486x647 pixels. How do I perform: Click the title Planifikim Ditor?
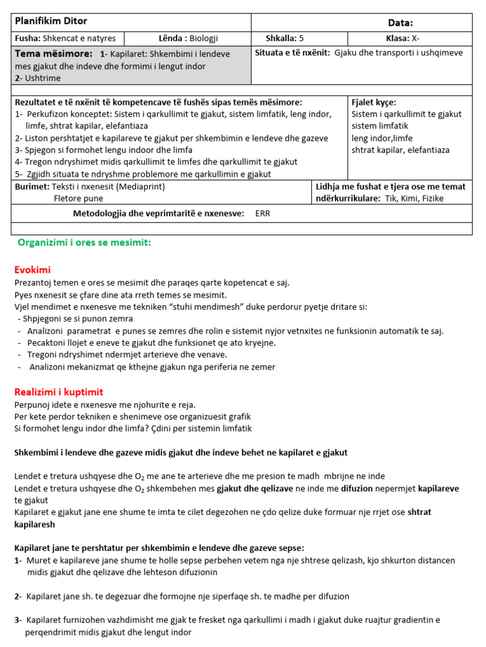point(51,21)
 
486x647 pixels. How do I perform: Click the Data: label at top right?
point(399,23)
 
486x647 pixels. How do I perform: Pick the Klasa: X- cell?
point(411,38)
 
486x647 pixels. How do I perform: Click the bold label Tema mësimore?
point(54,54)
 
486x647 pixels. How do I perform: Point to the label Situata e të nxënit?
point(292,53)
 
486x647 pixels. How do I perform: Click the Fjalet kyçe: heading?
point(373,102)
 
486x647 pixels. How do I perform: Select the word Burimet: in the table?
point(32,186)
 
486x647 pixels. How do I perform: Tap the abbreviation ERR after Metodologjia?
point(263,214)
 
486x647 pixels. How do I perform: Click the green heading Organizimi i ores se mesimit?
point(84,243)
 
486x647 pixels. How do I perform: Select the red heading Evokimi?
point(32,270)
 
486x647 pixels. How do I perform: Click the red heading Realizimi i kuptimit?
point(58,392)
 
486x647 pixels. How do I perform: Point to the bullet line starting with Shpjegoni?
point(76,318)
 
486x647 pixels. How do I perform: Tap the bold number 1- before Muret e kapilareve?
point(18,560)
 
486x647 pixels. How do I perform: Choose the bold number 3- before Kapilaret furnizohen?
point(18,620)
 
